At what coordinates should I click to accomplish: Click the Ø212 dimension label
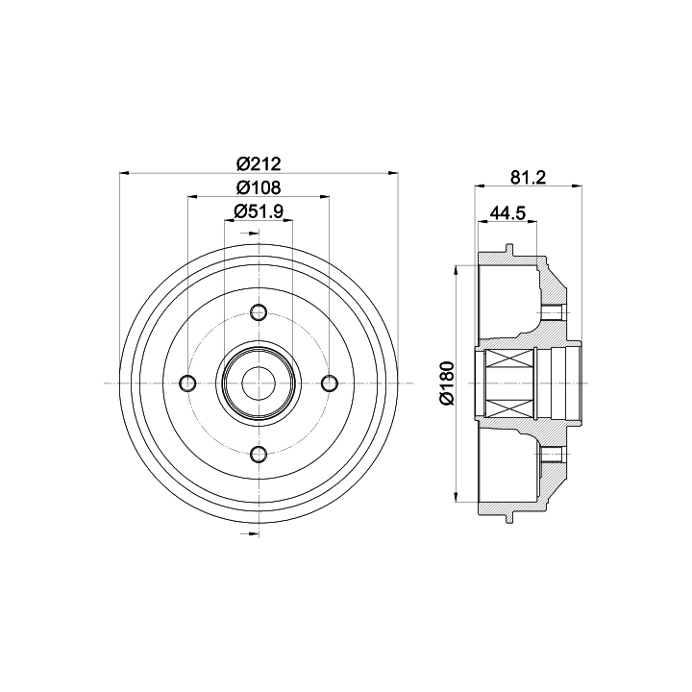coord(259,163)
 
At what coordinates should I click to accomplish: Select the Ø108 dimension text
coord(259,187)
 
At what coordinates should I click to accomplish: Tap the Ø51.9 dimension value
coord(259,211)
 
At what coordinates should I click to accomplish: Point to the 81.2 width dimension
coord(529,178)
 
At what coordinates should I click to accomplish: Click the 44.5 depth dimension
coord(507,213)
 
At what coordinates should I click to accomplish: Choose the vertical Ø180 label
coord(447,383)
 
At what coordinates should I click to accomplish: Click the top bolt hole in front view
coord(259,312)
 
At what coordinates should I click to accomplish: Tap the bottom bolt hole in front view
coord(259,454)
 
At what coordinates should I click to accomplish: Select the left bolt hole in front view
coord(188,383)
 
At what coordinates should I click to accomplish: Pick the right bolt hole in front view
coord(330,383)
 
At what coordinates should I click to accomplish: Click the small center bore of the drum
coord(259,383)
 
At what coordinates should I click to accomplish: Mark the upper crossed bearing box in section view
coord(508,358)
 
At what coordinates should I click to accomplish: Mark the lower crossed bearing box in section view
coord(508,408)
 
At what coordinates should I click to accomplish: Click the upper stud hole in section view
coord(552,313)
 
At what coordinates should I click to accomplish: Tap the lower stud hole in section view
coord(552,454)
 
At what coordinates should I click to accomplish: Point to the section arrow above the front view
coord(250,233)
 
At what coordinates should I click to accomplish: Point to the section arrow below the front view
coord(250,534)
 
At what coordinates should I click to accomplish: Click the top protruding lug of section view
coord(509,249)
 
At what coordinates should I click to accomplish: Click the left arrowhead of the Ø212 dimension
coord(124,173)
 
